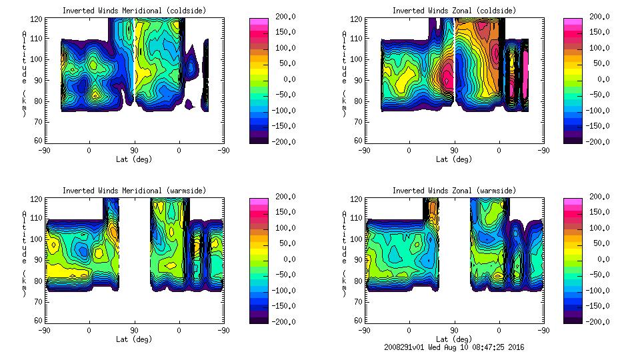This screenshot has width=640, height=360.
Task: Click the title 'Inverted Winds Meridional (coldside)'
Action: (135, 10)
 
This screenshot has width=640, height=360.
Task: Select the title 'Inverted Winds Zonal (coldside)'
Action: (454, 10)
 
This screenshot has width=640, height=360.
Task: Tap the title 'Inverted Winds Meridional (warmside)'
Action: (135, 191)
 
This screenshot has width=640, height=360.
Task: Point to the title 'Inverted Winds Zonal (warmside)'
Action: (454, 191)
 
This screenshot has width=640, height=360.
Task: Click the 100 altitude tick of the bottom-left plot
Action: (39, 238)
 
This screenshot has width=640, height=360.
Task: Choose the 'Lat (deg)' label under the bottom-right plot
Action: (454, 339)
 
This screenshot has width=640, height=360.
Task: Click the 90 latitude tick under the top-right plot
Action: (454, 151)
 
